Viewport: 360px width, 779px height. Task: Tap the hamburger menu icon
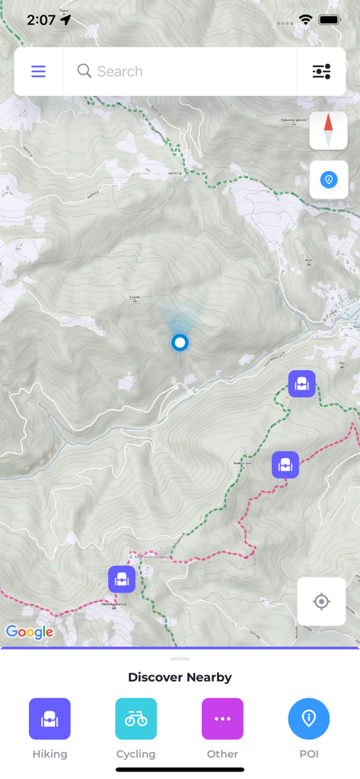(x=38, y=72)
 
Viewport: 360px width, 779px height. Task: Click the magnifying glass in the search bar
(x=84, y=71)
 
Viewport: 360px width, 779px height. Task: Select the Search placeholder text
(x=120, y=72)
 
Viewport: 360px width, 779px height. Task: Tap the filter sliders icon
(x=321, y=72)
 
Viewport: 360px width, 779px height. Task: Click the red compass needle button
(x=329, y=130)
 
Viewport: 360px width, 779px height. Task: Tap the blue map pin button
(x=329, y=180)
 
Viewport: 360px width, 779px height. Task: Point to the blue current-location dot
(x=180, y=342)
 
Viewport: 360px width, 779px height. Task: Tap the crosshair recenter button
(x=321, y=602)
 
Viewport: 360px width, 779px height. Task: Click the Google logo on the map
(x=30, y=632)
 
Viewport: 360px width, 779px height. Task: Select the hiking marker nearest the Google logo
(x=122, y=580)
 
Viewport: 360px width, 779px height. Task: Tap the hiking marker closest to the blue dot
(x=301, y=384)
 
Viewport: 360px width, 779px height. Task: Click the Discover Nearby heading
(x=180, y=677)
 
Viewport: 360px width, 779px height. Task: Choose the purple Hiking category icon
(x=49, y=719)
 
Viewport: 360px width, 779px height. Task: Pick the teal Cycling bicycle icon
(x=136, y=719)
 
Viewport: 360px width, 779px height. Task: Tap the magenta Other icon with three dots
(x=222, y=719)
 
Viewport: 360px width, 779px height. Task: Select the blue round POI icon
(x=309, y=719)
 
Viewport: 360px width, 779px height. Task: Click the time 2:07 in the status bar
(x=41, y=20)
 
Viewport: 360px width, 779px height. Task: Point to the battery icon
(x=330, y=20)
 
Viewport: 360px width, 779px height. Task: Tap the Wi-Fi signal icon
(x=306, y=20)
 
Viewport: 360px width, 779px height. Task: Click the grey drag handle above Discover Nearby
(x=180, y=659)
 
